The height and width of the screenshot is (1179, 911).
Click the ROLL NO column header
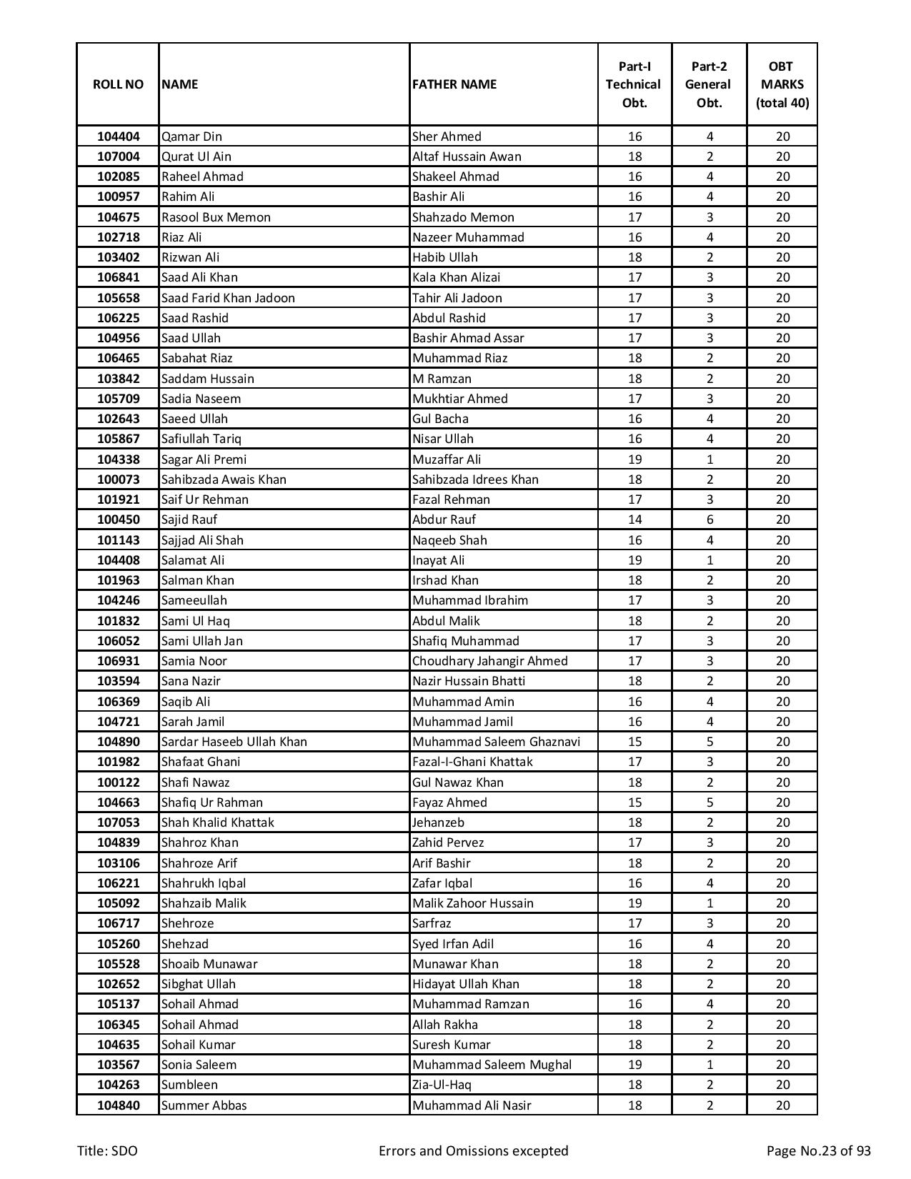tap(118, 84)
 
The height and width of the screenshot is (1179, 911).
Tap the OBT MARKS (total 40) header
tap(782, 84)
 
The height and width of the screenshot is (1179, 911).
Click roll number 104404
tap(118, 136)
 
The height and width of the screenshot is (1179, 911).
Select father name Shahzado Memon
tap(463, 217)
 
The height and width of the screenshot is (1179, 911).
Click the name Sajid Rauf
tap(189, 519)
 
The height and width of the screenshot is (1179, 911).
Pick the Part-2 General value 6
tap(710, 519)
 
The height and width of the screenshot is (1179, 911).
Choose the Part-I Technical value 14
tap(634, 519)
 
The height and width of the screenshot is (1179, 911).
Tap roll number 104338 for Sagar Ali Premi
tap(118, 459)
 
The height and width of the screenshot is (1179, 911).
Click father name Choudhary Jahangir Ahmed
tap(490, 661)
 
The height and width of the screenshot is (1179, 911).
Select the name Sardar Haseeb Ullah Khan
tap(234, 742)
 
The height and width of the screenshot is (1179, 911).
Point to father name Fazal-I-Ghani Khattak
tap(472, 762)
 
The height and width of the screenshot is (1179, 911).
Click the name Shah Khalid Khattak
tap(218, 822)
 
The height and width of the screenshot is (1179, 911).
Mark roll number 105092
tap(118, 903)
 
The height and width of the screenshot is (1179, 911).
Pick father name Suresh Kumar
tap(452, 1045)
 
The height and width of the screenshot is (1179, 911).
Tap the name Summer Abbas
tap(204, 1105)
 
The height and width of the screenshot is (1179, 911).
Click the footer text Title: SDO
tap(108, 1150)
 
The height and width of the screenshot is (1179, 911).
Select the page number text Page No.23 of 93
tap(818, 1150)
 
